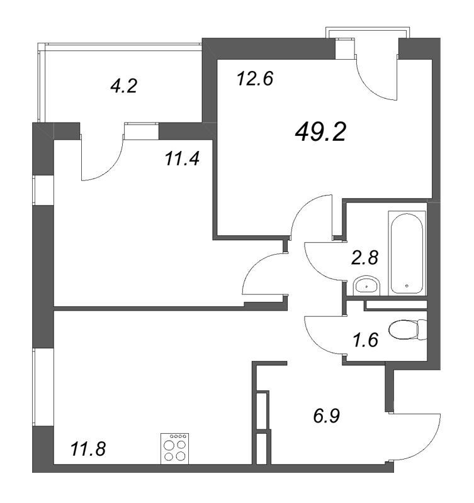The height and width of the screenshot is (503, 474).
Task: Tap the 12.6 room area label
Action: point(254,80)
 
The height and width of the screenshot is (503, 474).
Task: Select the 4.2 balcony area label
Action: point(123,86)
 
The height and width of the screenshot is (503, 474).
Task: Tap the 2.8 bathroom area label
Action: point(363,258)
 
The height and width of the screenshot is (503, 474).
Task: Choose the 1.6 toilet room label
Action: point(363,342)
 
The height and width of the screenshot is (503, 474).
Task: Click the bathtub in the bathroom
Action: point(407,253)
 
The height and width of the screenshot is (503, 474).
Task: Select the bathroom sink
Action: point(366,286)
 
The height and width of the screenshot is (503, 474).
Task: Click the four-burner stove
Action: point(176,449)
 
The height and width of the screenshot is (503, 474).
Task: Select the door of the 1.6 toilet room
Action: point(323,336)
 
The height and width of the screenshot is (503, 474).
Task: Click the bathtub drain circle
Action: point(407,286)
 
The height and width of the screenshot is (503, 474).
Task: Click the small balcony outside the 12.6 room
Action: point(370,33)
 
